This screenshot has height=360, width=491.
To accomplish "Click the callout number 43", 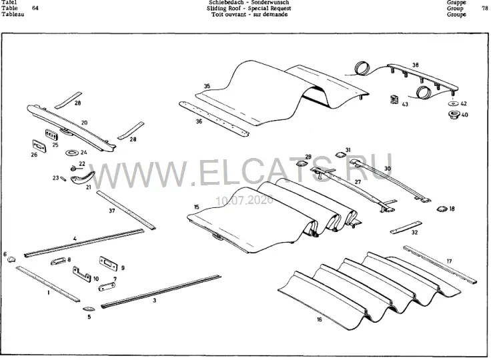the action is pos(405,104).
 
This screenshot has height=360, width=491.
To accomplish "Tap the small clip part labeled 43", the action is pos(394,100).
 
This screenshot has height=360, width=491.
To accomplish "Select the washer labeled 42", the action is pos(453,103).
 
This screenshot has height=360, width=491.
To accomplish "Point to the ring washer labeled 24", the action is pos(71,153).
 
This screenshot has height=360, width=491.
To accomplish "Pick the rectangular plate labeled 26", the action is pos(39,146).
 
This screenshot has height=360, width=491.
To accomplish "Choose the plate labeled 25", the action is pos(51,135).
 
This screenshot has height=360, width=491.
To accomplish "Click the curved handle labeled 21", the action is pos(82,177).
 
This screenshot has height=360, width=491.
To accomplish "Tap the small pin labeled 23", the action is pos(63,179).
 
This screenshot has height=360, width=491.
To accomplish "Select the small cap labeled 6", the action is pos(11,259).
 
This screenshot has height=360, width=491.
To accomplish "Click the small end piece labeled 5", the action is pos(87,309).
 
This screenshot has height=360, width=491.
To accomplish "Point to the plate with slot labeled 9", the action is pos(108,263).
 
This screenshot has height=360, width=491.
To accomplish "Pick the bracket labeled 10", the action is pos(82,274).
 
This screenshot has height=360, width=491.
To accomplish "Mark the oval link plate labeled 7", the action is pos(107,287).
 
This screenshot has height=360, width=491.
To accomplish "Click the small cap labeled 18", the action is pos(442,209).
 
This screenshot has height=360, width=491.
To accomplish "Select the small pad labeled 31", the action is pos(340,155).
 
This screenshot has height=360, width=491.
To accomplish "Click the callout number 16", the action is pos(319,319).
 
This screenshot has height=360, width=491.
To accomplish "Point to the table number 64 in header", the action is pos(35,8).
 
